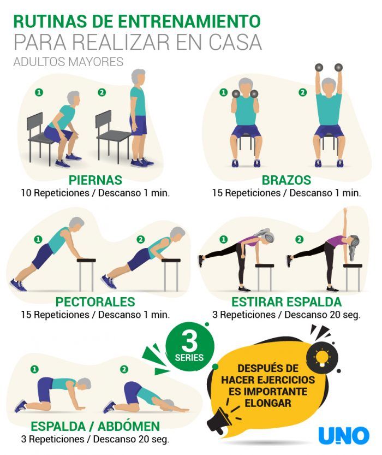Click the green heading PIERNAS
[x=95, y=180]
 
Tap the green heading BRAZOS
[x=286, y=180]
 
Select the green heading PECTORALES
[x=95, y=302]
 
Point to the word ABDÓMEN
[x=129, y=426]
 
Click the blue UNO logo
[x=344, y=435]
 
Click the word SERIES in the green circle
[x=189, y=357]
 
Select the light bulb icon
[x=322, y=357]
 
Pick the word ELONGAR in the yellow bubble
[x=268, y=403]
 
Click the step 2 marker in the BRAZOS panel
[x=302, y=92]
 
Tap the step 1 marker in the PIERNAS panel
[x=39, y=92]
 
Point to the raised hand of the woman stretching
[x=345, y=210]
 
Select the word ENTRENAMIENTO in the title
[x=189, y=21]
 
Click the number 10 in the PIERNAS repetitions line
[x=26, y=193]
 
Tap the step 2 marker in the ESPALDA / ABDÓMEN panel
[x=124, y=369]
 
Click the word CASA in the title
[x=235, y=43]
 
